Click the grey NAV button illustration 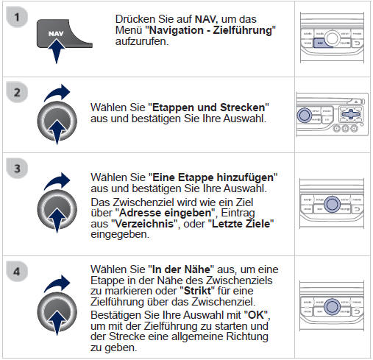pos(57,37)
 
